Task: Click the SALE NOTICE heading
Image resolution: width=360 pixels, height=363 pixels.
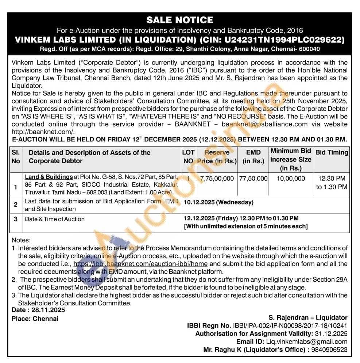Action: coord(179,20)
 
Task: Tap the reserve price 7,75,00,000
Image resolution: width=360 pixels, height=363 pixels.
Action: coord(217,179)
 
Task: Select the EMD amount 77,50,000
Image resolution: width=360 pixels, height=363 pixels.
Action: coord(253,179)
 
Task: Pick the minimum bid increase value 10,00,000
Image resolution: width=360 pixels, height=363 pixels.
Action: coord(291,179)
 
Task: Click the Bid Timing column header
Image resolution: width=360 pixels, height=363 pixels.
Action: coord(332,153)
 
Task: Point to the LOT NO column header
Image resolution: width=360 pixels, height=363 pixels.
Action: coord(188,156)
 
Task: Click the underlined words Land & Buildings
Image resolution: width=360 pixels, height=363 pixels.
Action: coord(49,177)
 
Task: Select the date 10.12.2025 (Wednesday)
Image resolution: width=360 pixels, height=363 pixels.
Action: coord(218,202)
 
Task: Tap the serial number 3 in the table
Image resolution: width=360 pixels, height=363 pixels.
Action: coord(16,219)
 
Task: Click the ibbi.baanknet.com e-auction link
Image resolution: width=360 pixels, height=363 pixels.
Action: coord(141,264)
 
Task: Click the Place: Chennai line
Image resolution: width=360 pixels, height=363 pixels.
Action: coord(35,319)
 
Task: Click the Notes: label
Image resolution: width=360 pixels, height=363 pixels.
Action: coord(21,240)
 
